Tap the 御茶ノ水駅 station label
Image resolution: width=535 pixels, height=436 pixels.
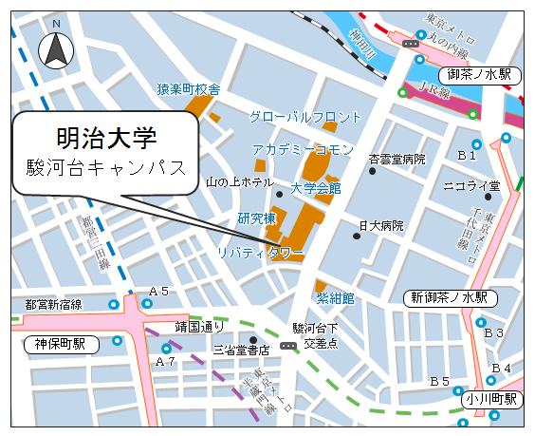479,74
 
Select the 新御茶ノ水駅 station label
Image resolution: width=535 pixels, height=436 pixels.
450,297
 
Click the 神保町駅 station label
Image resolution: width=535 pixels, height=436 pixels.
61,344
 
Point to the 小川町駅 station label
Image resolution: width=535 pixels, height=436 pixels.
493,399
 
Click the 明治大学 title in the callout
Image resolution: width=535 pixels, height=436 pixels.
107,139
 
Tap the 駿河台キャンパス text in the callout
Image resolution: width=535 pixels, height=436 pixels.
106,173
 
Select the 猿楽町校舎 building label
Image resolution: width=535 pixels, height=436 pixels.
189,88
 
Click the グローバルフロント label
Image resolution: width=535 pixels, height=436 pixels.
305,117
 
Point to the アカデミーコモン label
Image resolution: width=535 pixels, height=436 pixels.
303,150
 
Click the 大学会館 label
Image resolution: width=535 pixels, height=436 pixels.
315,188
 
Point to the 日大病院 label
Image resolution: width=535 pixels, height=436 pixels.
380,226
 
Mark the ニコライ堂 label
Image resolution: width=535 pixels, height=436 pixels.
471,185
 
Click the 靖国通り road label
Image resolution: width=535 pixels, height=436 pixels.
199,327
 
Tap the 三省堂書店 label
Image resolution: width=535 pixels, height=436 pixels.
242,351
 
